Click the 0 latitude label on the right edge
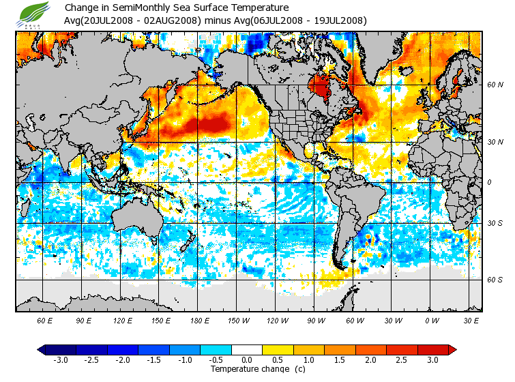point(489,182)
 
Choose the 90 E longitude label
point(83,321)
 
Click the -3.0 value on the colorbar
point(61,359)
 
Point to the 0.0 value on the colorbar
point(247,359)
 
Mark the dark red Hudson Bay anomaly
point(319,87)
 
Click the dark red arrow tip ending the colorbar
point(452,349)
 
